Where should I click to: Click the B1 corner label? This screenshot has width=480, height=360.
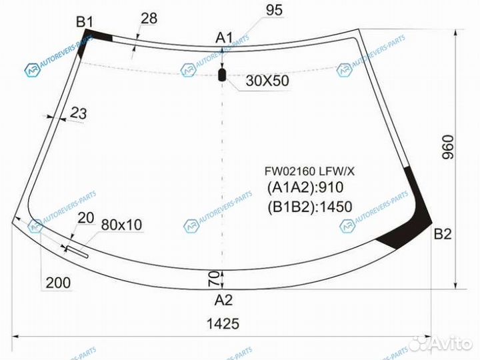click(x=85, y=22)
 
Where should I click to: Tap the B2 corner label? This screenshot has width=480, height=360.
click(x=443, y=234)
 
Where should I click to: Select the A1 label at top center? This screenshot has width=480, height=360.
click(x=224, y=38)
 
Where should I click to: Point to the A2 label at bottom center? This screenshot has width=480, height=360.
click(x=223, y=300)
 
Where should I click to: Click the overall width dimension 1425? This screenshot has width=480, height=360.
click(x=223, y=323)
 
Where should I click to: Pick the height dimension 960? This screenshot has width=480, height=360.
click(x=447, y=147)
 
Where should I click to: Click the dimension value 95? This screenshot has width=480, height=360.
click(x=274, y=10)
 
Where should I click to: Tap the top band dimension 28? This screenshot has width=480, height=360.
click(x=149, y=19)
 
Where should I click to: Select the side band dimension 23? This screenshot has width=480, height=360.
click(x=79, y=113)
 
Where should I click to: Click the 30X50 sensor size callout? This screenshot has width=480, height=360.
click(x=267, y=81)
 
